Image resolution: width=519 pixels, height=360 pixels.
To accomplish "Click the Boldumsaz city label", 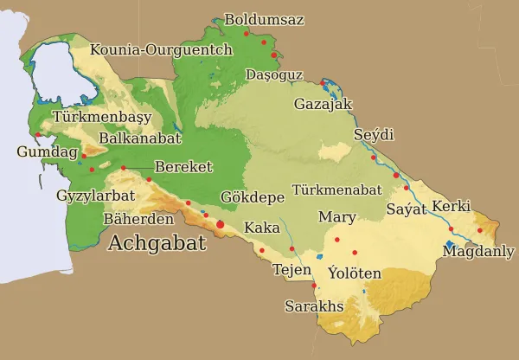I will (264, 19).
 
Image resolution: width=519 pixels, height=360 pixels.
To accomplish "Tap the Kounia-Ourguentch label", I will (161, 49).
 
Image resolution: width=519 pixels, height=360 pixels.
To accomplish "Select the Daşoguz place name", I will (274, 75).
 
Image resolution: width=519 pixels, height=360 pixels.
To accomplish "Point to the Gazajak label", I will (324, 104).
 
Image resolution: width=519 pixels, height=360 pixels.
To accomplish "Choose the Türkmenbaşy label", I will (102, 117).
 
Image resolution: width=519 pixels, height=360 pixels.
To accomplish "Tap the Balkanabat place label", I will (140, 138).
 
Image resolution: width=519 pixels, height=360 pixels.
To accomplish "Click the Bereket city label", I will (183, 166).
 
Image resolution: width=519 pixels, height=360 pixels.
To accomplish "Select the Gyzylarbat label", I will (95, 196).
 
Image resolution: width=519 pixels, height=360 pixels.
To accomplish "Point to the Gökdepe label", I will (253, 196).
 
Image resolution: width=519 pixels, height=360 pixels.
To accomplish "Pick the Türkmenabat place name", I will (337, 189).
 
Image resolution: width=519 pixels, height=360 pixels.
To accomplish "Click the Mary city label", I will (336, 216).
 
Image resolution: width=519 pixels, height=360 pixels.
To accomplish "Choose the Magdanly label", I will (478, 251).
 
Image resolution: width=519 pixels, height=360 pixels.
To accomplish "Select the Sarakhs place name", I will (315, 306).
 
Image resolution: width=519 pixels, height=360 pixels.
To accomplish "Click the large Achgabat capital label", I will (157, 243).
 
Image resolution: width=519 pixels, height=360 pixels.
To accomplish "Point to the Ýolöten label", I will (355, 273).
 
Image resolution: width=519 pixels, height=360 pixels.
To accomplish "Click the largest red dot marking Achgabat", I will (220, 225).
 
